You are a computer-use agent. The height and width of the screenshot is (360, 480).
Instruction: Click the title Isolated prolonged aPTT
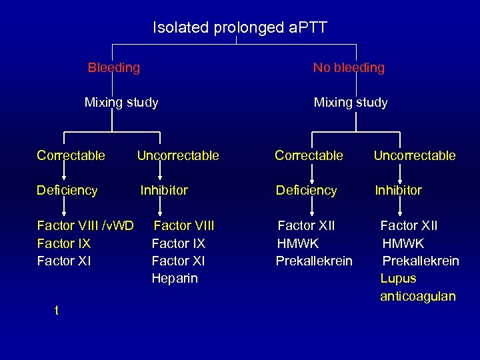tap(240, 28)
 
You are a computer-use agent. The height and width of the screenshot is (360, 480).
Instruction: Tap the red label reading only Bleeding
tap(114, 68)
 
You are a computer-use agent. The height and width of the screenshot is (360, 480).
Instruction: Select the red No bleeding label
tap(349, 68)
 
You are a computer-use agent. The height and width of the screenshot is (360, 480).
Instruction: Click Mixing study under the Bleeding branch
tap(121, 103)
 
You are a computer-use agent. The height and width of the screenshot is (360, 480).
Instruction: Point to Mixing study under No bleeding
tap(351, 103)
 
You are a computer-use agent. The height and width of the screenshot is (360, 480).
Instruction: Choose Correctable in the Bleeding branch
tap(71, 156)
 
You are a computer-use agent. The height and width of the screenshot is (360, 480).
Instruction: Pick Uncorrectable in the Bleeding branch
tap(177, 156)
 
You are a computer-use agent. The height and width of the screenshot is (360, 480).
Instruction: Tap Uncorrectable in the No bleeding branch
tap(414, 156)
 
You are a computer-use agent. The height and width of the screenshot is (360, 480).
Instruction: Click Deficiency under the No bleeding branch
tap(306, 191)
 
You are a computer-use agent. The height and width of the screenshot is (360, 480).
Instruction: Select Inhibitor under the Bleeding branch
tap(164, 191)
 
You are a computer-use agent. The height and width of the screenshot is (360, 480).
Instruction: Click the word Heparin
tap(175, 279)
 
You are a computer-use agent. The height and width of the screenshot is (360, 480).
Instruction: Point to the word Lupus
tap(398, 279)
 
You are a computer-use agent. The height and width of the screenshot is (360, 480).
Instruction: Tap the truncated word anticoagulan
tap(418, 297)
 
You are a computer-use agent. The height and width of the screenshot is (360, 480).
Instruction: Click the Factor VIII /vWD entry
tap(85, 226)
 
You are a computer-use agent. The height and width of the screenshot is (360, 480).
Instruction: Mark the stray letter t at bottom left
tap(57, 310)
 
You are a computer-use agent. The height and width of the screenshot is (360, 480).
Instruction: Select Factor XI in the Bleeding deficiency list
tap(64, 261)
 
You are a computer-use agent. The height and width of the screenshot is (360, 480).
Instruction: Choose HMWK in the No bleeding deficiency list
tap(298, 243)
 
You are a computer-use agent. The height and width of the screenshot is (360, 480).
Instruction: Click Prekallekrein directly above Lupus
tap(420, 261)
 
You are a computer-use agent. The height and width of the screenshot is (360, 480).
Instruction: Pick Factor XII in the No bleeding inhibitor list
tap(409, 226)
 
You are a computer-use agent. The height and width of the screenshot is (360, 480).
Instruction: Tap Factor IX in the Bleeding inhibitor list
tap(179, 243)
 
